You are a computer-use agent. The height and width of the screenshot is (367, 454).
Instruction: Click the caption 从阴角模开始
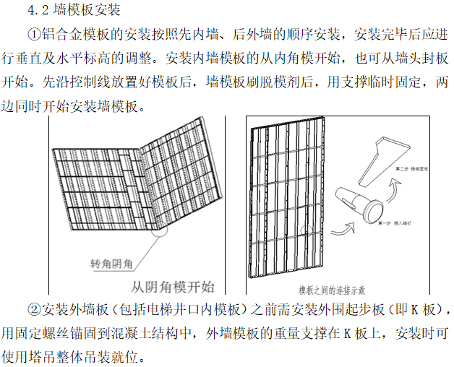174,285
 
